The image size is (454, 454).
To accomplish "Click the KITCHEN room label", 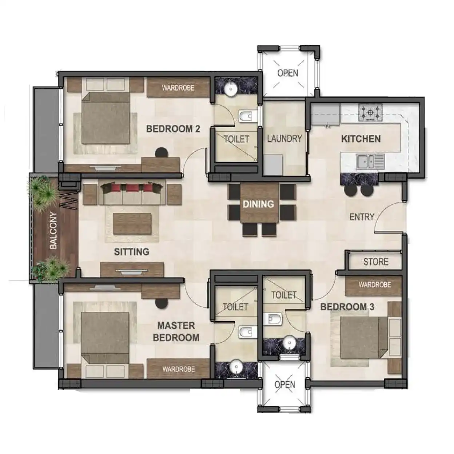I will (x=361, y=139).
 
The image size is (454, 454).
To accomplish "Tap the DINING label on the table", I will (x=258, y=204).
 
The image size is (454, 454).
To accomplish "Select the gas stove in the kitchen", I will (x=370, y=112).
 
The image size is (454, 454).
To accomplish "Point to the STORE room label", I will (x=376, y=262).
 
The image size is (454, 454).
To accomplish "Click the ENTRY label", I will (x=362, y=217).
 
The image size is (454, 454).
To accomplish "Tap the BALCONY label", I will (x=53, y=230).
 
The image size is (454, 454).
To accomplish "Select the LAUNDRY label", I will (x=284, y=139).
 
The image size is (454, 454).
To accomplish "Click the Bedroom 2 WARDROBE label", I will (x=178, y=88).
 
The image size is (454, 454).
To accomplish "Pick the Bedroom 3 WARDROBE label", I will (x=375, y=284).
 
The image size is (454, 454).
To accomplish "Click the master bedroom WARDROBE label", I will (x=178, y=369).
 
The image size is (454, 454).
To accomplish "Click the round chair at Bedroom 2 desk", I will (x=162, y=152).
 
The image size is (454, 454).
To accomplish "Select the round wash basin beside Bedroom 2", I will (x=230, y=89).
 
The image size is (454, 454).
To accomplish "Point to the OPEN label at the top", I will (x=288, y=73).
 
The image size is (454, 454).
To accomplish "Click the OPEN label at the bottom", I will (x=285, y=385).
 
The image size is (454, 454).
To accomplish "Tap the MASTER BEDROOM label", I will (x=176, y=331).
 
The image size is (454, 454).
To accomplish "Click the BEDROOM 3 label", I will (x=347, y=307).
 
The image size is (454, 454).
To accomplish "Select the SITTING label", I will (x=132, y=252).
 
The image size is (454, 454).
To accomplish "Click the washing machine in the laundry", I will (x=273, y=165).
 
